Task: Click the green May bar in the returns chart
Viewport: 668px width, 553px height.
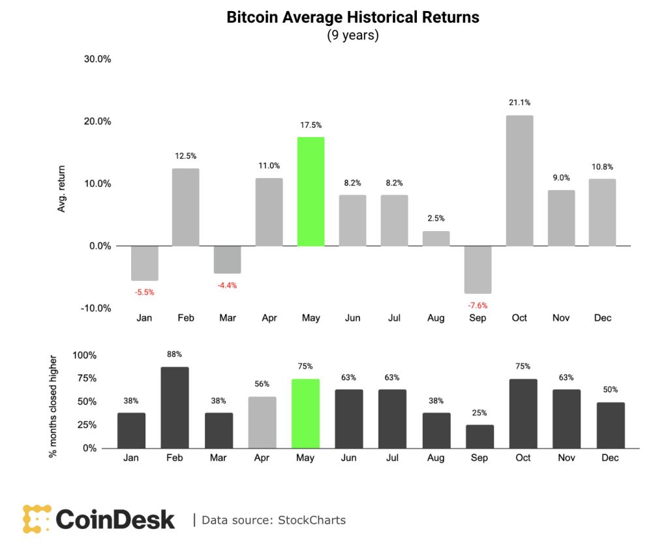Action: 311,191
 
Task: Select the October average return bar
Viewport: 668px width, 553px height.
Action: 519,181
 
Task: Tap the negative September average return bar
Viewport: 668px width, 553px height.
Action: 478,270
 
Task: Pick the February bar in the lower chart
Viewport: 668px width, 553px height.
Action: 175,407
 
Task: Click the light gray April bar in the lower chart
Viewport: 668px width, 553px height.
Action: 262,422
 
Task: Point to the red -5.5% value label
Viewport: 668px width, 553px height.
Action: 144,292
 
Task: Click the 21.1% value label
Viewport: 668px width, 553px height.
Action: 519,103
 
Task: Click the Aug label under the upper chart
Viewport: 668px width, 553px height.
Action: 436,318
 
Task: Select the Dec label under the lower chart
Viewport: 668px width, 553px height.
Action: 610,458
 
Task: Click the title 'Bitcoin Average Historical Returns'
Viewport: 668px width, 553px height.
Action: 353,17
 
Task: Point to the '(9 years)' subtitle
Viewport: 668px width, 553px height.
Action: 353,35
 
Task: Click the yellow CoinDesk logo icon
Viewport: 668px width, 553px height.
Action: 37,519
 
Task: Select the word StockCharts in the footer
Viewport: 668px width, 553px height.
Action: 312,520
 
